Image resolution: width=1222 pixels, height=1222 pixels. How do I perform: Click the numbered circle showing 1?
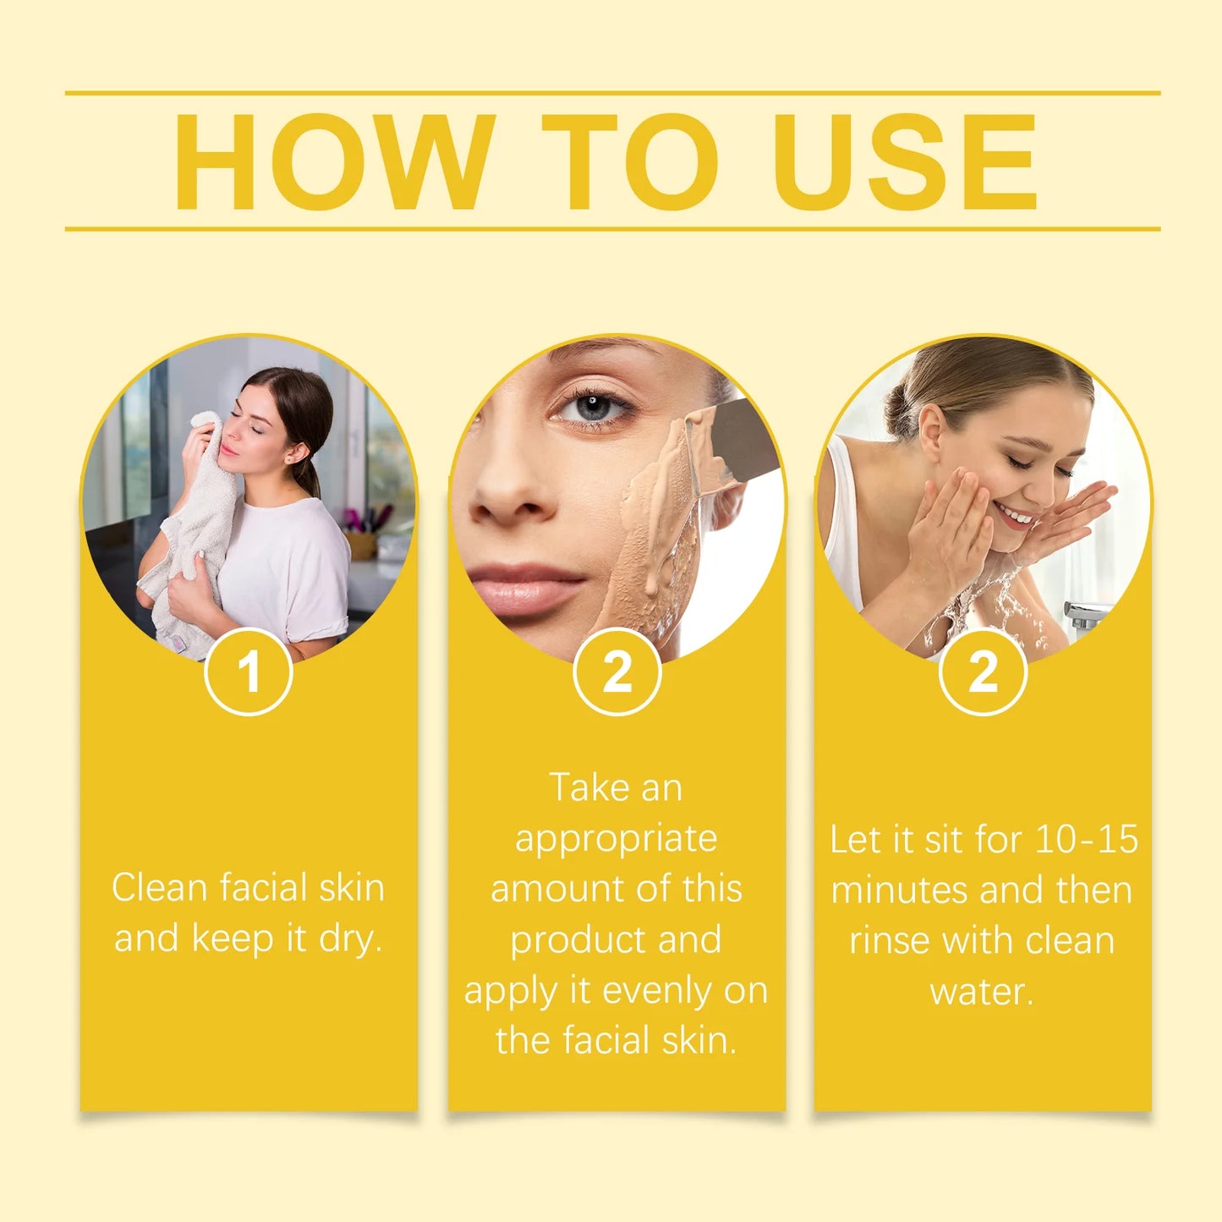[x=249, y=672]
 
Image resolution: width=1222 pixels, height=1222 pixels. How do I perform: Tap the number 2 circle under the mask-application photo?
[x=616, y=672]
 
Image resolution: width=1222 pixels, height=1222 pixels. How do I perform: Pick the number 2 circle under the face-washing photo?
[x=983, y=672]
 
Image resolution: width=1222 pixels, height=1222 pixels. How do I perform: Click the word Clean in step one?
[x=159, y=888]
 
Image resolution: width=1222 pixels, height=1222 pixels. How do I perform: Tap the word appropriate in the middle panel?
[x=616, y=840]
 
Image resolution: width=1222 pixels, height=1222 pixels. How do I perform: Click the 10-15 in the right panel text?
[x=1086, y=839]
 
